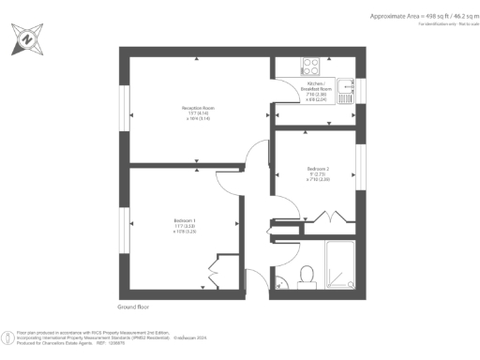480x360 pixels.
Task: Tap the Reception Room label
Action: tap(198, 112)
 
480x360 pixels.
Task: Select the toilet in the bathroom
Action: tap(306, 274)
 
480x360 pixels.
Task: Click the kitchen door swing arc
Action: tap(283, 95)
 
